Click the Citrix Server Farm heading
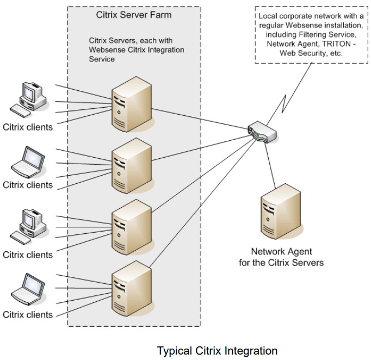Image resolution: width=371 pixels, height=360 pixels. pos(133,15)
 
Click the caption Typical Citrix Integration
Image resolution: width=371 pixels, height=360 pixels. pos(217,351)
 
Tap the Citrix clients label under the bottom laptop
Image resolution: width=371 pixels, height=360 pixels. pos(28,314)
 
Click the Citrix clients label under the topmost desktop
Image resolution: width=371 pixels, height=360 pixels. pos(28,128)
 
